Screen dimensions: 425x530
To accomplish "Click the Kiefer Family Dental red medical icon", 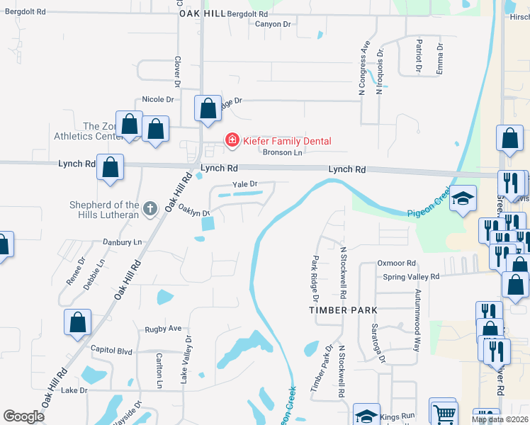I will (x=231, y=141).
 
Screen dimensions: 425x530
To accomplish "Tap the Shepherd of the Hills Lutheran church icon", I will (x=150, y=208).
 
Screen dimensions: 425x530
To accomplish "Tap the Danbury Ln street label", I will (x=122, y=242).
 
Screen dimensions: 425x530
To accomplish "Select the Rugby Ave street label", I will (x=164, y=329).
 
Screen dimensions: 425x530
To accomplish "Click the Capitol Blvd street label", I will (x=111, y=350).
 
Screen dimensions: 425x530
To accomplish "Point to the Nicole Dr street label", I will (x=157, y=100).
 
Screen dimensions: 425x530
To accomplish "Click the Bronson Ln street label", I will (x=282, y=152).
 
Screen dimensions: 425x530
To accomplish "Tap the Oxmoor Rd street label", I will (x=392, y=263).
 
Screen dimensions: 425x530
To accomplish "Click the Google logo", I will (x=23, y=416).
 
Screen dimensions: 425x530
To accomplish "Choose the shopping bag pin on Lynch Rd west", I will (x=111, y=168).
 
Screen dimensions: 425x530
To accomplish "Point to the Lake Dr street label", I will (x=74, y=390).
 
